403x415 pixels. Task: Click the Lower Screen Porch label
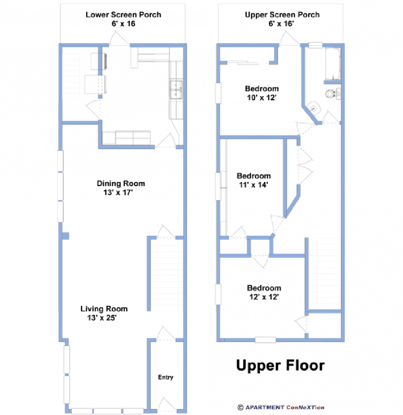(123, 15)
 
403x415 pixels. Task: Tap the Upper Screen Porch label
(282, 15)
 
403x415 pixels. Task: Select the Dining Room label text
(121, 183)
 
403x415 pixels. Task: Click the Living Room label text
(104, 309)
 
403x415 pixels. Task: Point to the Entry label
(166, 377)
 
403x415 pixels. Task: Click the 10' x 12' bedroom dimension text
(261, 97)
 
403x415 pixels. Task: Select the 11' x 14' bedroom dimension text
(253, 185)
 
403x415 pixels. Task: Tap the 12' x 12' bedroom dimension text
(263, 297)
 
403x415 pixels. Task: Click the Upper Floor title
(281, 365)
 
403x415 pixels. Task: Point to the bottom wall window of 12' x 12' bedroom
(265, 340)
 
